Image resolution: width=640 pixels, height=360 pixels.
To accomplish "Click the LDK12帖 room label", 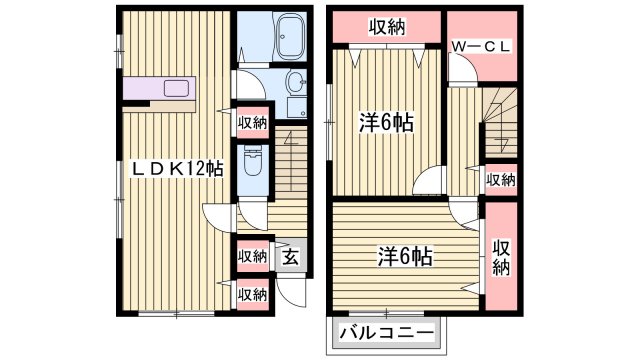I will (178, 169).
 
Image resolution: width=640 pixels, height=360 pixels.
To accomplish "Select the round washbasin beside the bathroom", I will (297, 82).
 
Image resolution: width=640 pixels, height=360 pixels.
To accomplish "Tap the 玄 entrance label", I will (289, 255).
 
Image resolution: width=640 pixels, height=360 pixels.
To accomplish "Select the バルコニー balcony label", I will (386, 331).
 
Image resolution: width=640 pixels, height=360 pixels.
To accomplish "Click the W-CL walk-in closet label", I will (482, 46).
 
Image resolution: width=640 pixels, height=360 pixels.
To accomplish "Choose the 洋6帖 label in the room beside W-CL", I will (387, 123).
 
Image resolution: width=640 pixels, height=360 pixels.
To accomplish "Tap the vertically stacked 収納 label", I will (501, 257).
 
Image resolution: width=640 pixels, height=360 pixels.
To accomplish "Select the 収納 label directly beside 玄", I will (252, 256).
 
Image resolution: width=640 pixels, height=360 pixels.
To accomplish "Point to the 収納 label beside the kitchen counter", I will (252, 122).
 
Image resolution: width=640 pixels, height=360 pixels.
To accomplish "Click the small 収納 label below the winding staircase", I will (501, 180).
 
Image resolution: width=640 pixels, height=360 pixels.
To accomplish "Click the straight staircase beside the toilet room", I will (289, 160).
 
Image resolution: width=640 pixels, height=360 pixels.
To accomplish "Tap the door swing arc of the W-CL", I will (462, 71).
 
